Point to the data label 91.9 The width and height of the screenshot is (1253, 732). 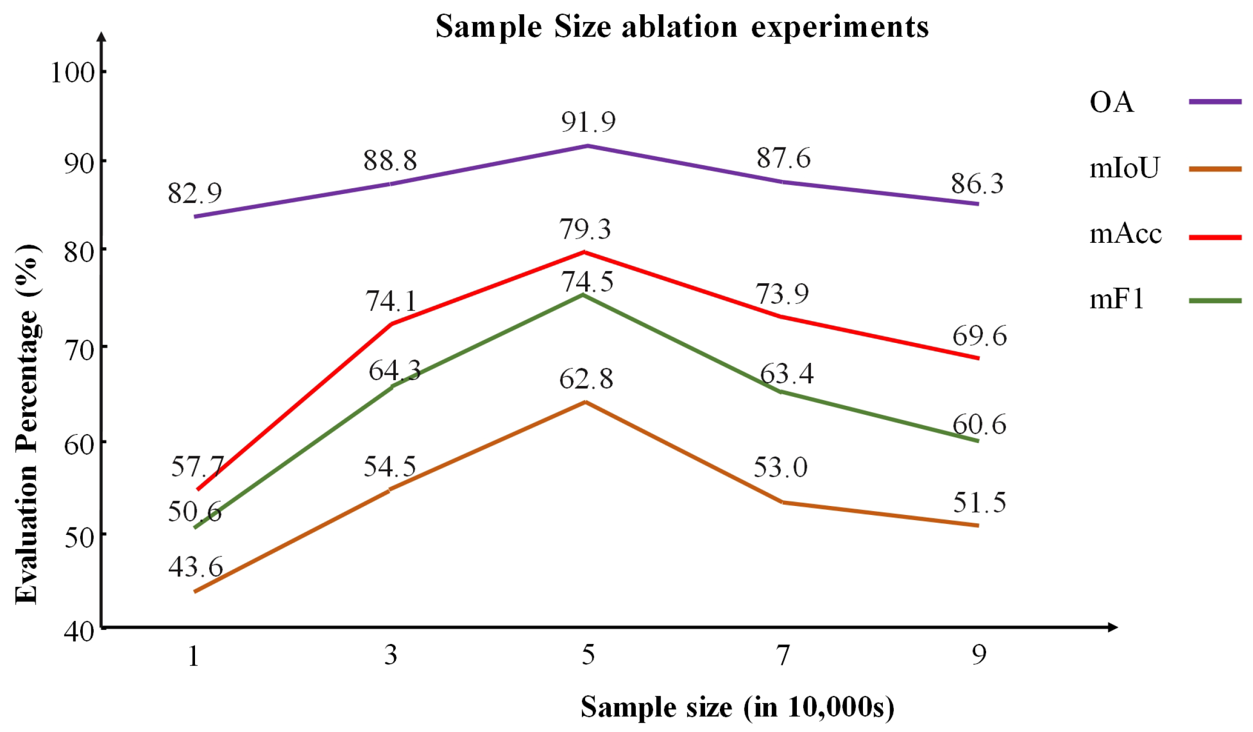588,122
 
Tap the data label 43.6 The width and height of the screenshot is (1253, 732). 196,567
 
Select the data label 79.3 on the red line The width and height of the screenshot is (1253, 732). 585,230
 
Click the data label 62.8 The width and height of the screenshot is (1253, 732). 586,379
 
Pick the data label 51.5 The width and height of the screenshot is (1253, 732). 979,503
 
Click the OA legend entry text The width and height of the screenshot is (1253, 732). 1111,102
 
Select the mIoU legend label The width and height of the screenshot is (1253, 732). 1124,169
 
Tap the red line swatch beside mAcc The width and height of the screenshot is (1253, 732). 1215,238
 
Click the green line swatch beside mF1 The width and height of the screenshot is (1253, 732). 1215,301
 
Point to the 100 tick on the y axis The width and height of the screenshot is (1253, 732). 72,72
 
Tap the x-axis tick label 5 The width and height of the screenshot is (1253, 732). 588,655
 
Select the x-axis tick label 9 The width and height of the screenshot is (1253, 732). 978,655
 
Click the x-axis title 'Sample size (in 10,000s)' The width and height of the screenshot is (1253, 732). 737,707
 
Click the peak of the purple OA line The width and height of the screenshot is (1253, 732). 588,146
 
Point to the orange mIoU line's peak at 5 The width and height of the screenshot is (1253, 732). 586,402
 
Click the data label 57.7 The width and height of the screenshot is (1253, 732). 197,467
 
